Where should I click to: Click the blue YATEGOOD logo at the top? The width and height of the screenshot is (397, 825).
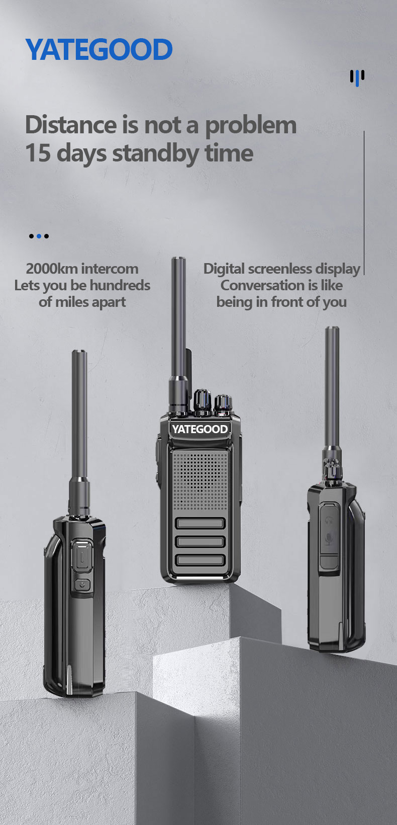(x=98, y=49)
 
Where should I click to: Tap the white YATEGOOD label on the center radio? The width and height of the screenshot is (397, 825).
(x=200, y=429)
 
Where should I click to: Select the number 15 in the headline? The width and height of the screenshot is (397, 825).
(x=38, y=153)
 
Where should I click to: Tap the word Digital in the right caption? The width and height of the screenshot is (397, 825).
(x=224, y=269)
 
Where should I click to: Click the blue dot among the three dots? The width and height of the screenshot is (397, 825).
(x=39, y=236)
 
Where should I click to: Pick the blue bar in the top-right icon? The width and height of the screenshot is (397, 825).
(x=357, y=78)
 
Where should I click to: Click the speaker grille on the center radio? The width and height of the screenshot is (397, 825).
(x=200, y=481)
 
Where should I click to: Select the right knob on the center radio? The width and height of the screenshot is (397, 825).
(x=223, y=405)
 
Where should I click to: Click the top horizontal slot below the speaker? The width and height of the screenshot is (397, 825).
(x=200, y=523)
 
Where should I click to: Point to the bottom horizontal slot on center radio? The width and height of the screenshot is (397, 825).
(x=200, y=560)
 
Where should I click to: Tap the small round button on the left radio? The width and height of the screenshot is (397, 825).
(x=82, y=585)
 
